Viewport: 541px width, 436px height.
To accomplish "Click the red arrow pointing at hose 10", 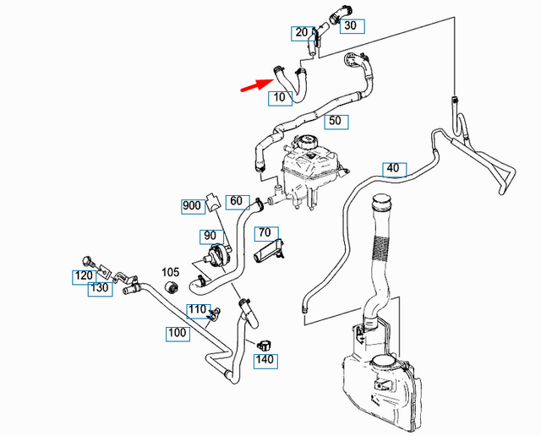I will [254, 85].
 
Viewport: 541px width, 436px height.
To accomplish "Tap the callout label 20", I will [302, 33].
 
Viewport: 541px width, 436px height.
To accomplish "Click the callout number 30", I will [351, 26].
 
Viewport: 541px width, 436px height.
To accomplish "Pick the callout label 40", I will [393, 167].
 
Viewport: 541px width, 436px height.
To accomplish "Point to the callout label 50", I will [335, 122].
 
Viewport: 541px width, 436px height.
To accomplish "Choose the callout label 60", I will [237, 202].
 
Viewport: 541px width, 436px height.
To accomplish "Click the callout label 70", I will [264, 232].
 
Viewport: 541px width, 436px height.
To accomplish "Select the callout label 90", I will [208, 235].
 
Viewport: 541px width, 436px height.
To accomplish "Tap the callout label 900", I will [192, 205].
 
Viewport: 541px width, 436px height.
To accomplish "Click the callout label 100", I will [178, 333].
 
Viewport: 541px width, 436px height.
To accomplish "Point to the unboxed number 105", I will [171, 272].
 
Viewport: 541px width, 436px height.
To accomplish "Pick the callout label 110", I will [196, 309].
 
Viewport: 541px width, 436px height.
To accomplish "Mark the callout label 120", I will [84, 276].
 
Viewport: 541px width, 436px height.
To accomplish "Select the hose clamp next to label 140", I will [263, 343].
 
